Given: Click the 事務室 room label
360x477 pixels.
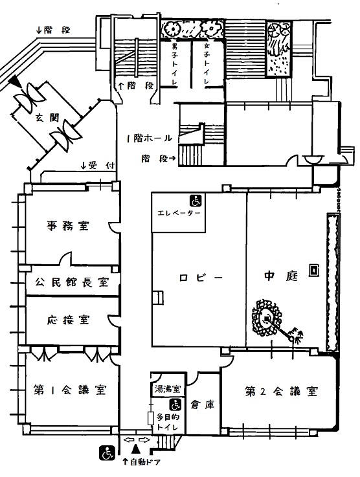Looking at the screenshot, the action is tap(67, 226).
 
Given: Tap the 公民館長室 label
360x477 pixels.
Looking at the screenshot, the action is tap(72, 282).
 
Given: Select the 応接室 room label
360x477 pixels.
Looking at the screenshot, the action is tap(68, 320).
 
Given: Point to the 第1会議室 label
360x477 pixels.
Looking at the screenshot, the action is tap(70, 390).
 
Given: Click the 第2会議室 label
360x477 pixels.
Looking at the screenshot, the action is tap(282, 391).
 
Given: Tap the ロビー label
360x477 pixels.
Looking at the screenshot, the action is tap(201, 278).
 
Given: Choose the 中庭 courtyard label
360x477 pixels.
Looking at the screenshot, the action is tap(281, 276).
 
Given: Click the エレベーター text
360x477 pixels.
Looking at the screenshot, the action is tap(179, 213).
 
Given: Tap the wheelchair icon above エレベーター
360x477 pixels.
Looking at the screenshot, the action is tap(196, 201).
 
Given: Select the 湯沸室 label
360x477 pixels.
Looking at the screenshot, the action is tap(168, 389).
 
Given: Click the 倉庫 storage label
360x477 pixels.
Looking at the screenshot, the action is tap(203, 405).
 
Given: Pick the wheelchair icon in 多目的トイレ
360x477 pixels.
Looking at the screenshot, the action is tap(175, 405).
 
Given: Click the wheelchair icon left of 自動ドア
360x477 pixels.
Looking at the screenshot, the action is tap(107, 452).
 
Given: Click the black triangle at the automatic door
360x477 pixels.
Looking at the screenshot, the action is tap(135, 449).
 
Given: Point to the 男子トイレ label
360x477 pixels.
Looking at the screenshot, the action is tap(175, 64).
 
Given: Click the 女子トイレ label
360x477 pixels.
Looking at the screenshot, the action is tap(207, 64).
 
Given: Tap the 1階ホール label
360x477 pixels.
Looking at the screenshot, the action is tap(150, 139).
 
